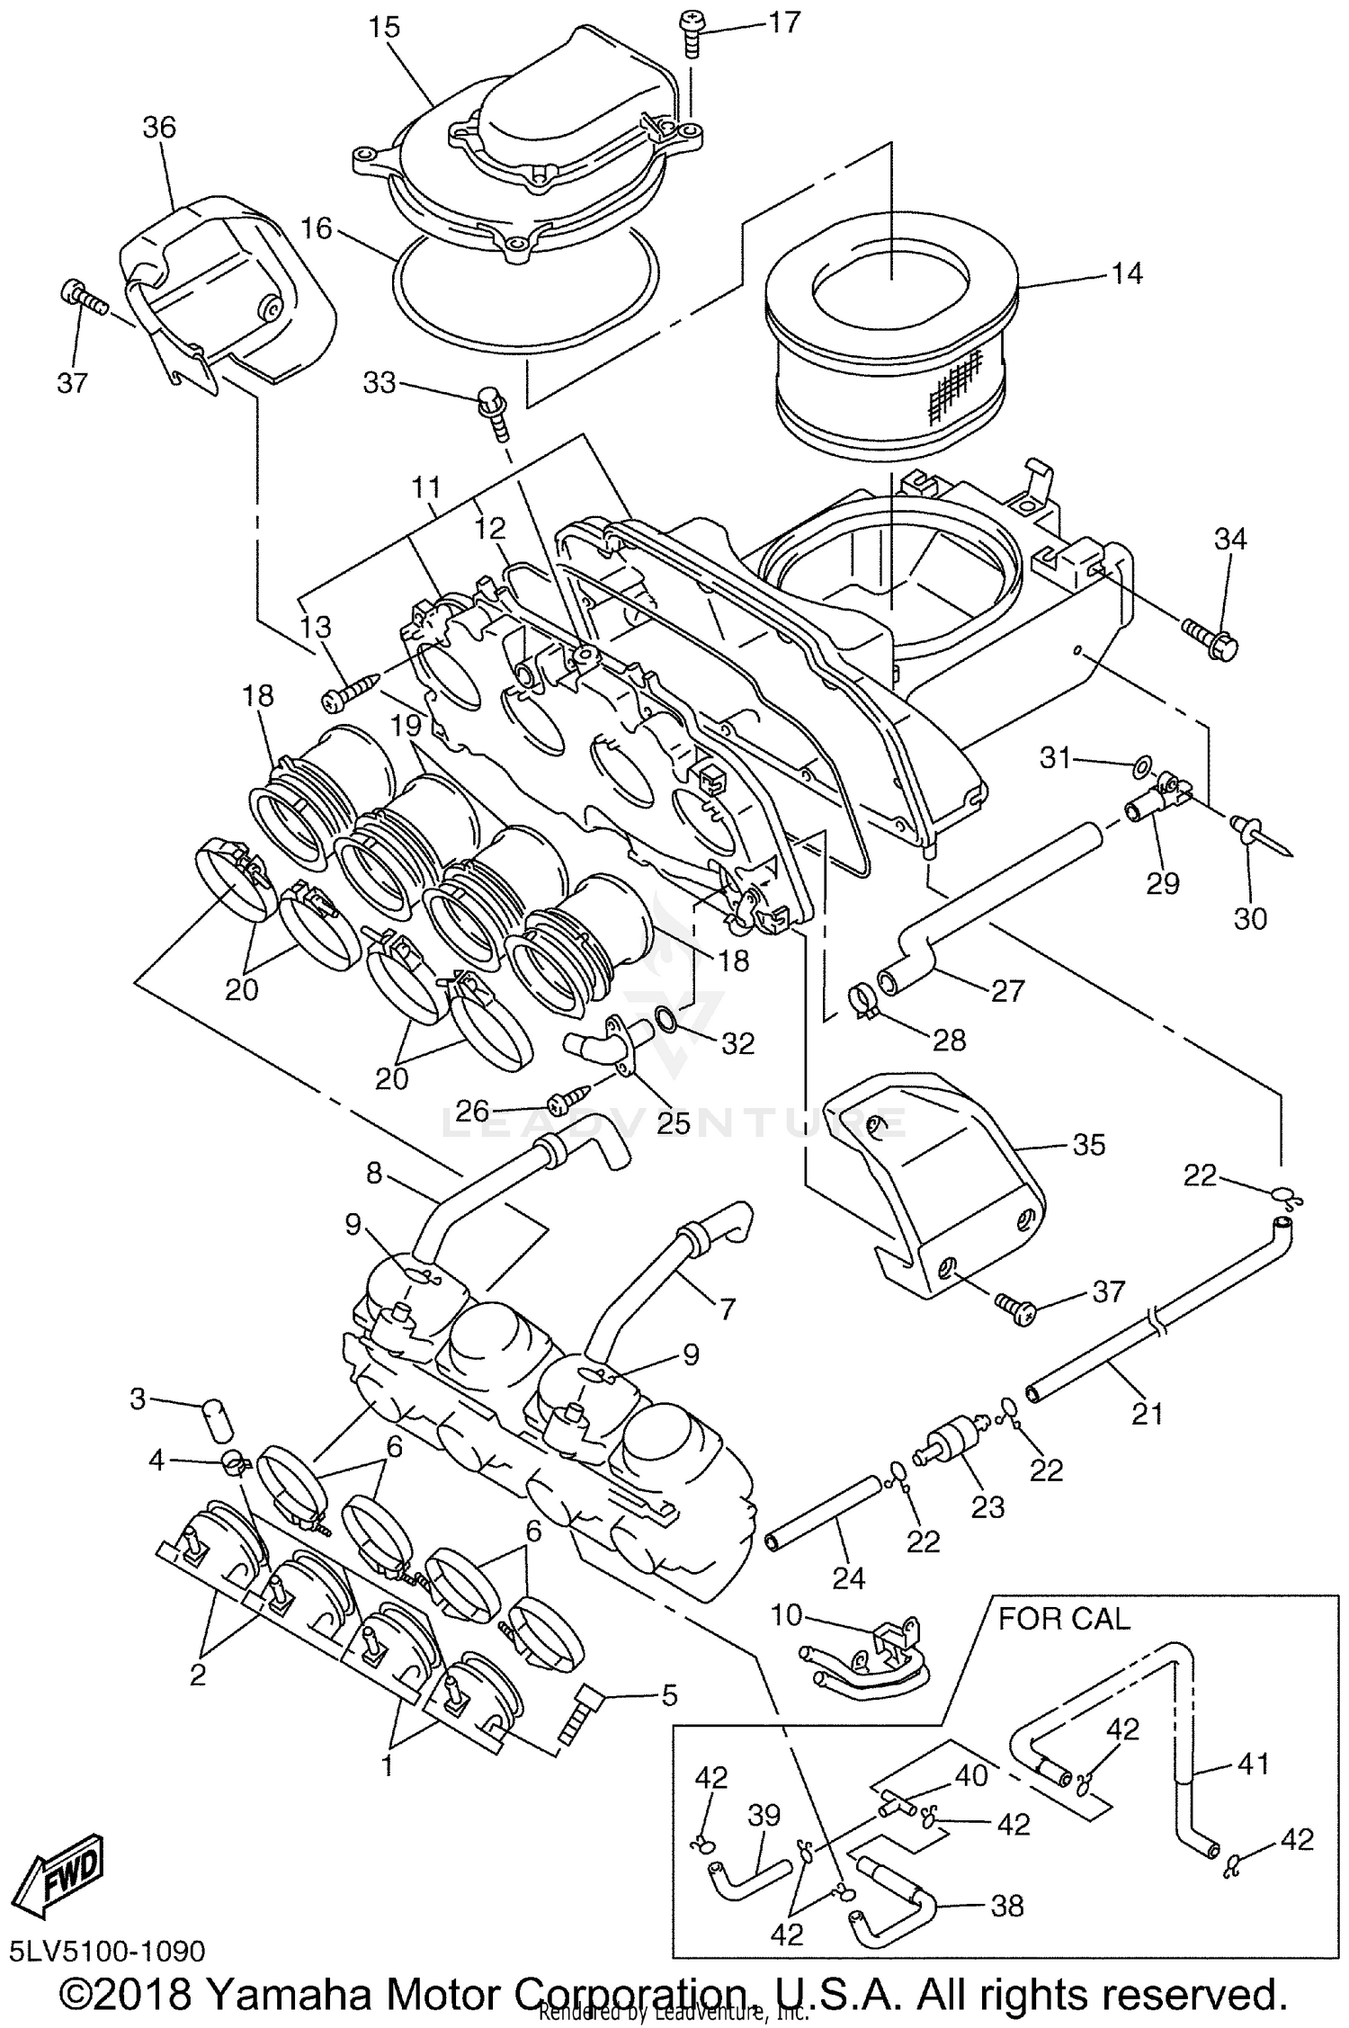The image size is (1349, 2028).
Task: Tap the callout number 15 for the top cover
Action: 384,27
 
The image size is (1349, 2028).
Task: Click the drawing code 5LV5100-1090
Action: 107,1951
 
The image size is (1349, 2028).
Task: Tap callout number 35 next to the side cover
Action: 1089,1145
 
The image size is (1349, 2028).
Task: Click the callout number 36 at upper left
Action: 159,128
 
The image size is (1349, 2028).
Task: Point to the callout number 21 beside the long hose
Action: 1147,1415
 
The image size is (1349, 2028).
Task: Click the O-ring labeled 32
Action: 666,1018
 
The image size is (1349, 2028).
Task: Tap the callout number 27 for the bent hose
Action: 1007,990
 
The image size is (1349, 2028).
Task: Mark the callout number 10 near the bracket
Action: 785,1614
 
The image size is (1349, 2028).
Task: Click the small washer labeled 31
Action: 1139,767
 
